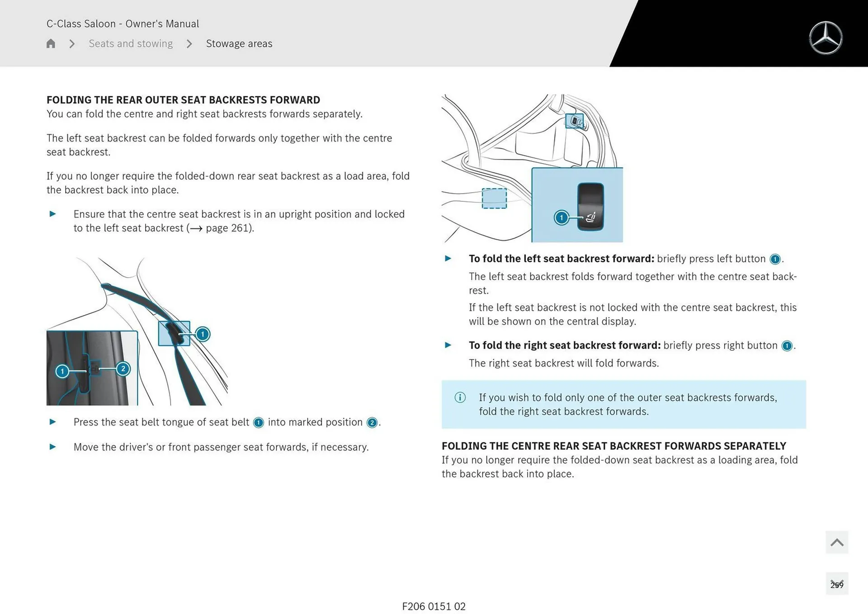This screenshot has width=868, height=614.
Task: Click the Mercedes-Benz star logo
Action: click(x=826, y=38)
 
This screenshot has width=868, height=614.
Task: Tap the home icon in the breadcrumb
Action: click(x=51, y=43)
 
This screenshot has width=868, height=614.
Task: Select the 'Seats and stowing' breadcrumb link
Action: click(x=131, y=43)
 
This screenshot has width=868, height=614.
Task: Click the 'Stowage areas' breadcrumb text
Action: click(x=239, y=43)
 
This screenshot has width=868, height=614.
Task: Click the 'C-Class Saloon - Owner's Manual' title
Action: click(x=123, y=24)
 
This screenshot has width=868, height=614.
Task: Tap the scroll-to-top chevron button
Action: click(x=837, y=542)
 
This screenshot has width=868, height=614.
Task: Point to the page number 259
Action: click(x=837, y=585)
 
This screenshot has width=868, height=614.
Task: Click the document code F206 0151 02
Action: click(x=434, y=606)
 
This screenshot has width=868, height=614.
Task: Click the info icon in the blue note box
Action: click(x=460, y=397)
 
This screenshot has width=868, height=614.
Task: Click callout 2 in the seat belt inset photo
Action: click(x=123, y=368)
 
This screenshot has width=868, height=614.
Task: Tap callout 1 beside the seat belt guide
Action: click(x=203, y=334)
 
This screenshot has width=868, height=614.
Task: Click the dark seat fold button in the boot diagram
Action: click(x=590, y=206)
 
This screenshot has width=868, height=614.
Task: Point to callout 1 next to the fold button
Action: click(x=561, y=217)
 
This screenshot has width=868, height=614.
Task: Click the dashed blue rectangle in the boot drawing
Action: click(x=494, y=198)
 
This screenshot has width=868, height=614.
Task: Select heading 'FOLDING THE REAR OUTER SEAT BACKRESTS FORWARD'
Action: click(x=183, y=100)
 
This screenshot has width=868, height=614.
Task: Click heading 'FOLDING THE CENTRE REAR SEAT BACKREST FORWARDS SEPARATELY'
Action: click(x=613, y=446)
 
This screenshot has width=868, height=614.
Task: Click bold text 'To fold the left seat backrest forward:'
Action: click(x=561, y=259)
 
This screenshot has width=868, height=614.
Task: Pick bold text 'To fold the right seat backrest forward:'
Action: click(x=564, y=345)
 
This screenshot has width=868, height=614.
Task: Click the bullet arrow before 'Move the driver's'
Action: click(x=53, y=447)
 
